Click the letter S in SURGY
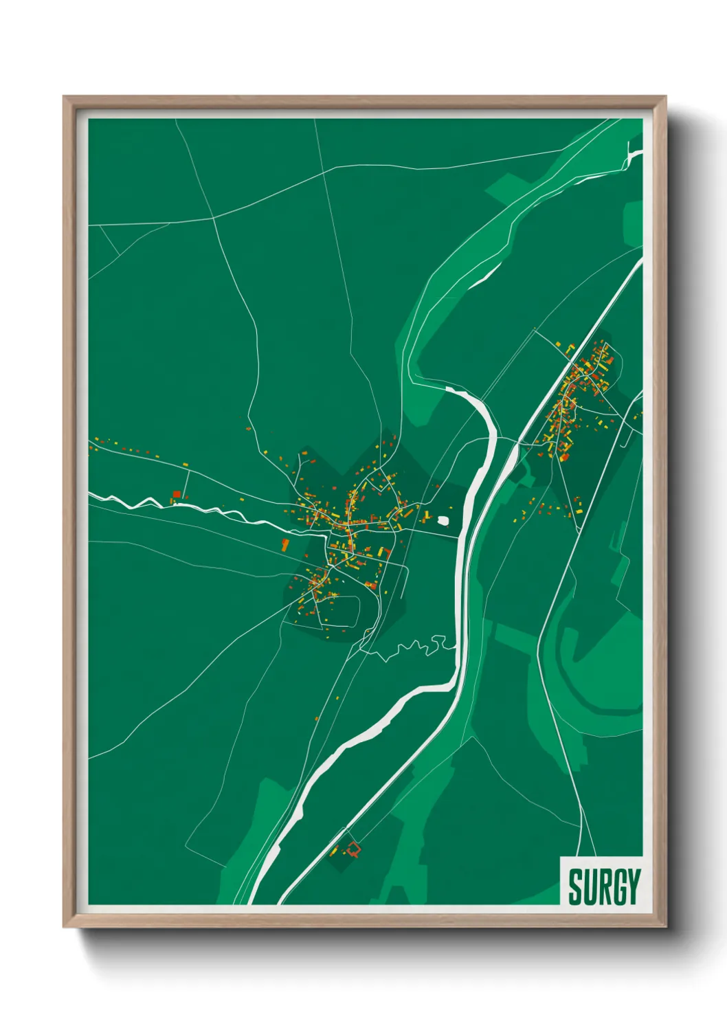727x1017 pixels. (x=576, y=886)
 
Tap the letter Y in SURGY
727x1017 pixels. (x=634, y=886)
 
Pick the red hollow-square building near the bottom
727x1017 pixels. (x=353, y=849)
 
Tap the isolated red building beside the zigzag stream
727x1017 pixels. (x=177, y=494)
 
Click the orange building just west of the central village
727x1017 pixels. (x=284, y=545)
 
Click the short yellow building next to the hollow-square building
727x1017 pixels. (x=335, y=851)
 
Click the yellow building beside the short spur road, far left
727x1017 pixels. (x=186, y=465)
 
